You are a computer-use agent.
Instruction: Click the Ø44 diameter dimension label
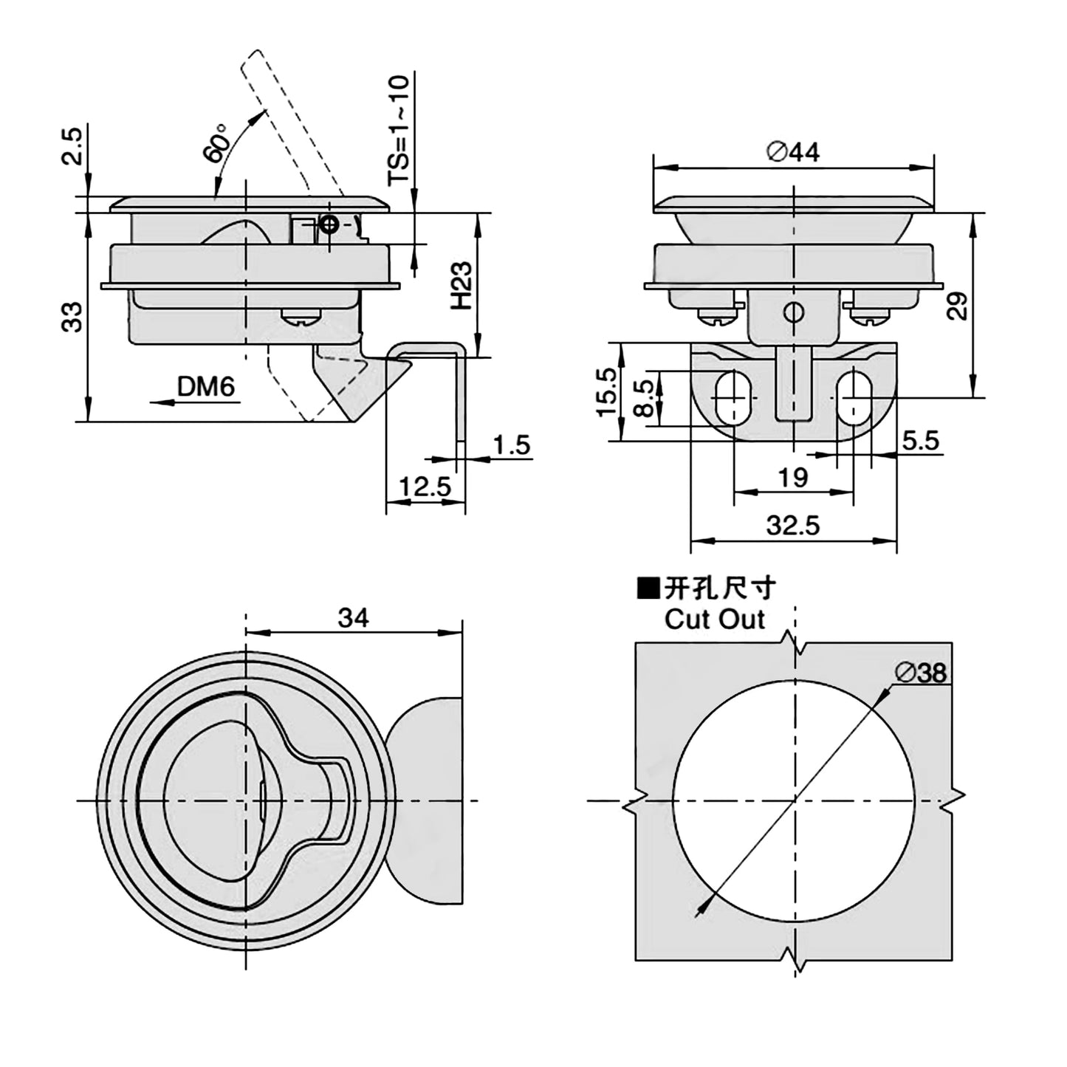pos(793,152)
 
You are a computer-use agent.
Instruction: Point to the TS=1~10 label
pos(399,131)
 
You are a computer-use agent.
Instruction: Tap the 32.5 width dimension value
pos(793,526)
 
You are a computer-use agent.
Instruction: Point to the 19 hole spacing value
pos(792,478)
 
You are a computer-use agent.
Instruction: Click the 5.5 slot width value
pos(920,441)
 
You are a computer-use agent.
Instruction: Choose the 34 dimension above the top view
pos(353,617)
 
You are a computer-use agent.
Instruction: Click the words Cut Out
pos(714,619)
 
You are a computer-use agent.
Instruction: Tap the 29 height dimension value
pos(958,304)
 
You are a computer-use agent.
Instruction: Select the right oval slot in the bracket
pos(855,397)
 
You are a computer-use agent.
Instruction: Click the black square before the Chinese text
pos(648,589)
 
